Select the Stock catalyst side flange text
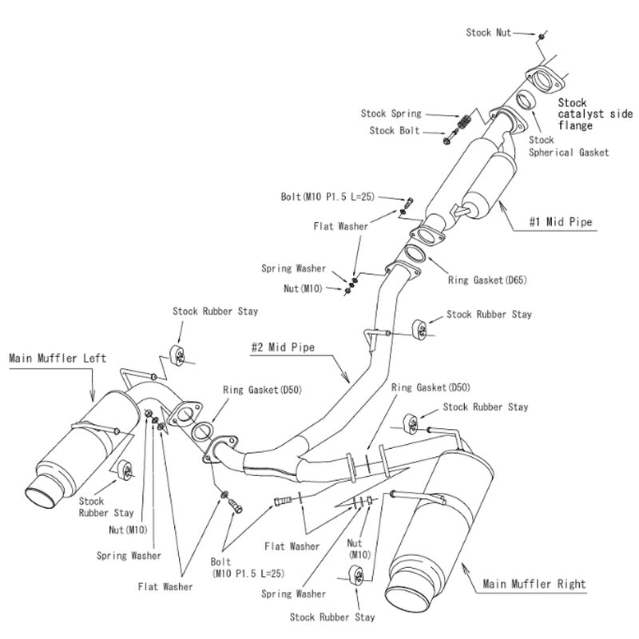point(586,114)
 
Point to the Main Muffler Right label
point(534,584)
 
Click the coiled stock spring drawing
point(463,125)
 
